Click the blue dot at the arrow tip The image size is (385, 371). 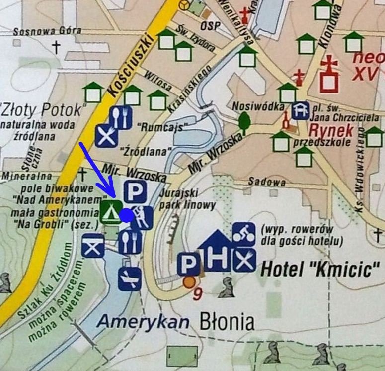pyautogui.click(x=127, y=215)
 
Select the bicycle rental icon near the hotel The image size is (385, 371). pyautogui.click(x=244, y=233)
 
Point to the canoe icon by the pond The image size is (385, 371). pyautogui.click(x=129, y=279)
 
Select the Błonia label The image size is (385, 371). pyautogui.click(x=227, y=322)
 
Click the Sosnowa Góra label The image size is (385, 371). pyautogui.click(x=47, y=31)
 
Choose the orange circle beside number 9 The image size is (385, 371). pyautogui.click(x=189, y=282)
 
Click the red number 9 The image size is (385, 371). pyautogui.click(x=198, y=293)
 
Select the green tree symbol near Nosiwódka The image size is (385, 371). pyautogui.click(x=244, y=120)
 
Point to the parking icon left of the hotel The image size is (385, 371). pyautogui.click(x=188, y=264)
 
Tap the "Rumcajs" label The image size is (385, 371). pyautogui.click(x=159, y=127)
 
